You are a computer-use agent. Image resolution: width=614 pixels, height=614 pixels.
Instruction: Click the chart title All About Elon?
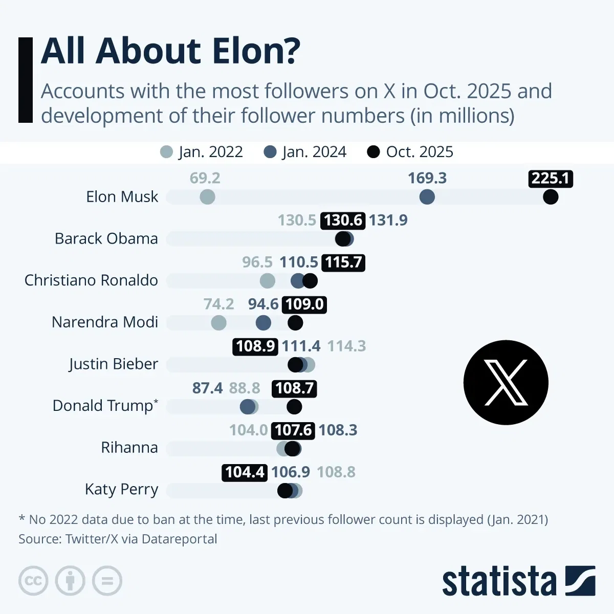tap(170, 51)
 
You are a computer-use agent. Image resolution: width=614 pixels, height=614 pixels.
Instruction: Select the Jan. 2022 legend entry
tap(201, 152)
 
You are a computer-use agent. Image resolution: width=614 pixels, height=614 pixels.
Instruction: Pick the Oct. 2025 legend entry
tap(410, 152)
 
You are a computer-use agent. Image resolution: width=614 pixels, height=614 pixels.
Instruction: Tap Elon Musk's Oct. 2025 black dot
tap(551, 196)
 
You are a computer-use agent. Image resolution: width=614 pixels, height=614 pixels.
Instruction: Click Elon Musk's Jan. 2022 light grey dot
tap(207, 196)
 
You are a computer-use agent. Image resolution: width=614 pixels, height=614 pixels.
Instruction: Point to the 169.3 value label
tap(427, 178)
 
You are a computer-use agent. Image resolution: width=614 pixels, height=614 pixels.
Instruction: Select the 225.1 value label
tap(550, 178)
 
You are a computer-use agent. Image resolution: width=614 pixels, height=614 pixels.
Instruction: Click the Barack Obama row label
tap(106, 238)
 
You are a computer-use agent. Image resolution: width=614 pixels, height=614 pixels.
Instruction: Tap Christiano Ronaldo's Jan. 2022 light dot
tap(267, 280)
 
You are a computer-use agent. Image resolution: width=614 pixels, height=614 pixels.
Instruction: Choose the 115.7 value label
tap(343, 262)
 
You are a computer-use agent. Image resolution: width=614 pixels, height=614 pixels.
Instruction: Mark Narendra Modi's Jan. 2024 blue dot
tap(263, 322)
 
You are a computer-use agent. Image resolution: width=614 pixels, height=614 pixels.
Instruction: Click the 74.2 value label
tap(218, 304)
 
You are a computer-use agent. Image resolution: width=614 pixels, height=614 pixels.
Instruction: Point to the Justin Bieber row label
tap(113, 364)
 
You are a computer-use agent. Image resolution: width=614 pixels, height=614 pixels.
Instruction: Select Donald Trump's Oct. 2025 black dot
tap(294, 407)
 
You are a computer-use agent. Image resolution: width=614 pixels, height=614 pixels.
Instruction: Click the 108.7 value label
tap(294, 388)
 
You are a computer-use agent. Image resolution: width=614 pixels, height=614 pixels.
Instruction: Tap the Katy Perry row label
tap(121, 489)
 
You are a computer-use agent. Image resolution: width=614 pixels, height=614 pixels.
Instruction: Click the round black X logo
tap(506, 382)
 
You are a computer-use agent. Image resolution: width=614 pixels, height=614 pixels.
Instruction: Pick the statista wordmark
tap(499, 581)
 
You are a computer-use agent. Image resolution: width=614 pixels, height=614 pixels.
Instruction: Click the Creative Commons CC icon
tap(33, 581)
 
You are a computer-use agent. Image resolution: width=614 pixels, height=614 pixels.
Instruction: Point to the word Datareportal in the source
tap(179, 539)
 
